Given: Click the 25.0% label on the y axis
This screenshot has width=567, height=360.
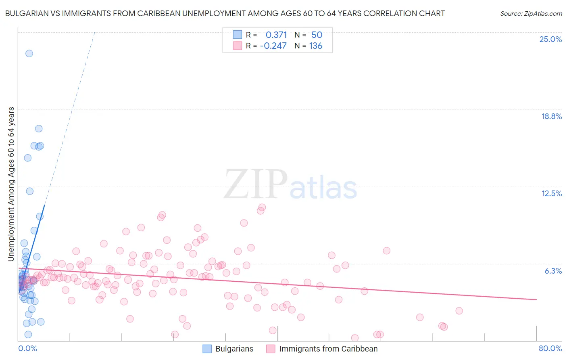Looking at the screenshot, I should point(550,39).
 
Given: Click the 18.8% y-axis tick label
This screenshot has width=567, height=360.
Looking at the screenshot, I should point(551,116).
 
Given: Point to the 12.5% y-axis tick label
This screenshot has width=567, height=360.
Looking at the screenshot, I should point(551,193).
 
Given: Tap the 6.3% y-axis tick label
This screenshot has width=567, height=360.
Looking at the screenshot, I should point(553,271).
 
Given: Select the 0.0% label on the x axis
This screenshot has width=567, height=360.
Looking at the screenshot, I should point(27,348).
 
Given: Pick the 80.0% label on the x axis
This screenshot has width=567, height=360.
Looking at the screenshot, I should point(550,348).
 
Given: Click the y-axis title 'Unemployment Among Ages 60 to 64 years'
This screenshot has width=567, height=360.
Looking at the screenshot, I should point(11,184).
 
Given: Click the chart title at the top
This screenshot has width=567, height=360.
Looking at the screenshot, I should point(225,13).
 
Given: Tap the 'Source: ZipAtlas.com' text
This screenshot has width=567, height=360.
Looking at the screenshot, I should point(531,13).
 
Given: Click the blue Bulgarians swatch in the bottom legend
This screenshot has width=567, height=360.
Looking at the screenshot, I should point(207,349).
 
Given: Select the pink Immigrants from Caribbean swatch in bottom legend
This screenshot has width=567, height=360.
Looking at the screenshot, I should point(271,349).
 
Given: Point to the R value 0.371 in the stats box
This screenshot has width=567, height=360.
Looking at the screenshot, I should point(276,35).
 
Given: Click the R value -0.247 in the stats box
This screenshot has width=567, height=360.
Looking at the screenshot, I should point(273,46).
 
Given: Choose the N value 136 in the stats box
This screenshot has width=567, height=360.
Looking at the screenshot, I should point(316,46).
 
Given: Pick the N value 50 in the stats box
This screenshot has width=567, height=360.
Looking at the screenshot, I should point(317,35).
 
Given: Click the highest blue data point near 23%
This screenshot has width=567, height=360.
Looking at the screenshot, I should point(29,53).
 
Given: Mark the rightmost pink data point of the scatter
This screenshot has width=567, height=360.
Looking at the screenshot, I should point(459,311).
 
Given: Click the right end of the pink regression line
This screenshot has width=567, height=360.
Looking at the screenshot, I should point(536,299).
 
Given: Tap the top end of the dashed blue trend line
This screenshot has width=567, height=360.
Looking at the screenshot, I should point(94,32).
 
